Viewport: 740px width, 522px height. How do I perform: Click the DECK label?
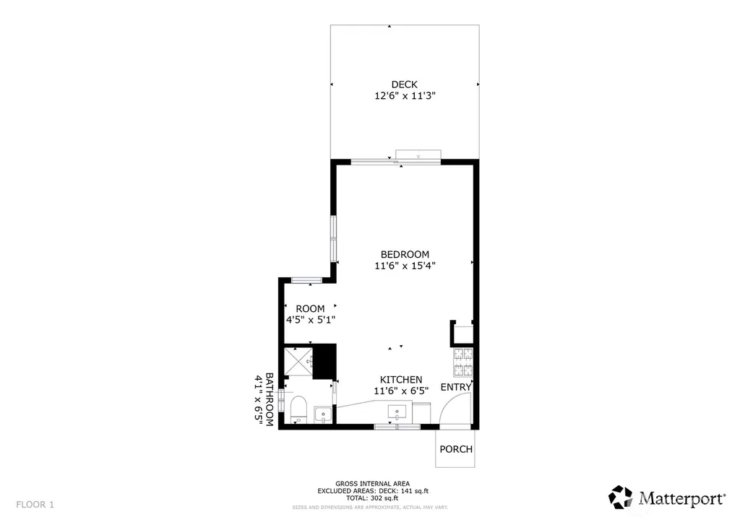click(405, 84)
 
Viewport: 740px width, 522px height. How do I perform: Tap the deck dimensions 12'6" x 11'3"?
click(405, 96)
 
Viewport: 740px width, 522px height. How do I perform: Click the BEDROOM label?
click(405, 255)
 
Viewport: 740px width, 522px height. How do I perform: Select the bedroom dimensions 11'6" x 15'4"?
click(405, 266)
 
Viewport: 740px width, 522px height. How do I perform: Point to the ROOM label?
click(310, 309)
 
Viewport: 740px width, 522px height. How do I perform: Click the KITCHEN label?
click(401, 380)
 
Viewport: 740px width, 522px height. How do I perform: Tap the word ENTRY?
click(456, 387)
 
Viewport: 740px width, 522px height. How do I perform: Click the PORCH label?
click(456, 449)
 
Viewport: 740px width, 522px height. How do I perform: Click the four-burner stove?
click(463, 362)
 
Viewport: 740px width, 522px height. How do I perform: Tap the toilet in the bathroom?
click(298, 409)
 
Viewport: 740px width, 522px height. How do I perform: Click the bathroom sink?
click(323, 414)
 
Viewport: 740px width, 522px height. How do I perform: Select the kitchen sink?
click(397, 412)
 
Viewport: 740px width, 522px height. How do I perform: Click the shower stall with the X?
click(298, 362)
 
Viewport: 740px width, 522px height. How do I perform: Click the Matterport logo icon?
click(620, 497)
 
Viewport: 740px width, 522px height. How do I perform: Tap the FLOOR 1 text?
click(35, 505)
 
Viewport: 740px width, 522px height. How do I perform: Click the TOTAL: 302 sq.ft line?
click(372, 498)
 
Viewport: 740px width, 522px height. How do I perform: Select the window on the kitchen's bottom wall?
click(397, 427)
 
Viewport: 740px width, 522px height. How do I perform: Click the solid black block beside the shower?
click(324, 361)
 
